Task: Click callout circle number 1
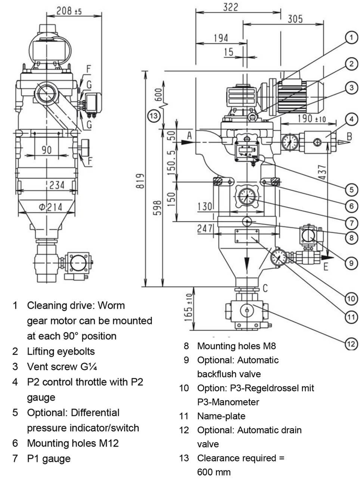pyautogui.click(x=351, y=37)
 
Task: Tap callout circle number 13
pyautogui.click(x=154, y=115)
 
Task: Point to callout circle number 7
pyautogui.click(x=351, y=223)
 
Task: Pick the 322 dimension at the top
pyautogui.click(x=230, y=7)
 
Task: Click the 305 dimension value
pyautogui.click(x=295, y=19)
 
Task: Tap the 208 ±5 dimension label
pyautogui.click(x=69, y=11)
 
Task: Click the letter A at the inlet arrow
pyautogui.click(x=190, y=135)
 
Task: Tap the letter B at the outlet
pyautogui.click(x=349, y=136)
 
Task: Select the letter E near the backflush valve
pyautogui.click(x=326, y=267)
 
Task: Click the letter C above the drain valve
pyautogui.click(x=265, y=288)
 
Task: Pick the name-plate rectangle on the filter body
pyautogui.click(x=246, y=236)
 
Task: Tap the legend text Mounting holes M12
pyautogui.click(x=73, y=443)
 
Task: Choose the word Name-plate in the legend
pyautogui.click(x=221, y=416)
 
